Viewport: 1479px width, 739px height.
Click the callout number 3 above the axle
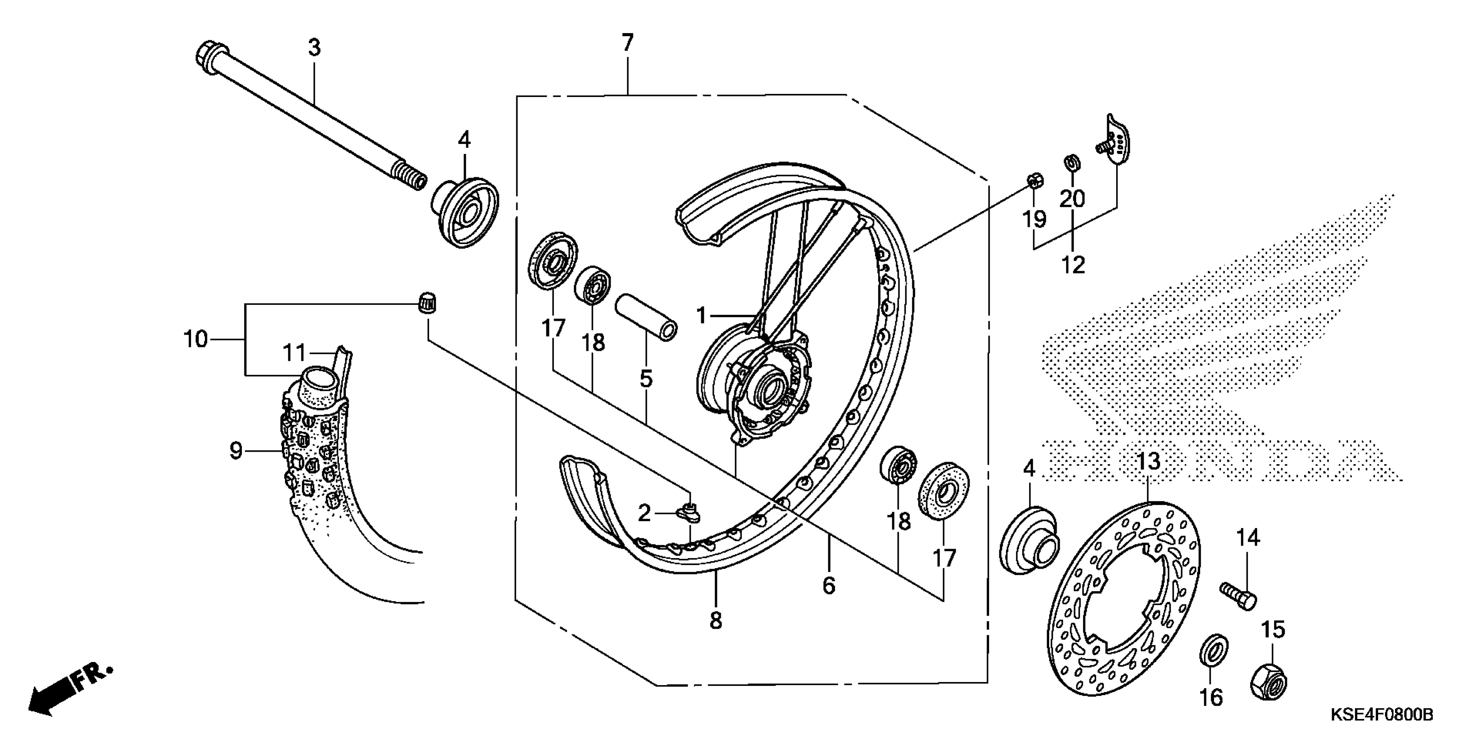(x=314, y=48)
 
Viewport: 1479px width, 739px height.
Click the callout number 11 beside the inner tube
(x=294, y=353)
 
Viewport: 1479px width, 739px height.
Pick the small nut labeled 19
(x=1034, y=182)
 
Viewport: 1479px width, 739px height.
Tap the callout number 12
(x=1073, y=265)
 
